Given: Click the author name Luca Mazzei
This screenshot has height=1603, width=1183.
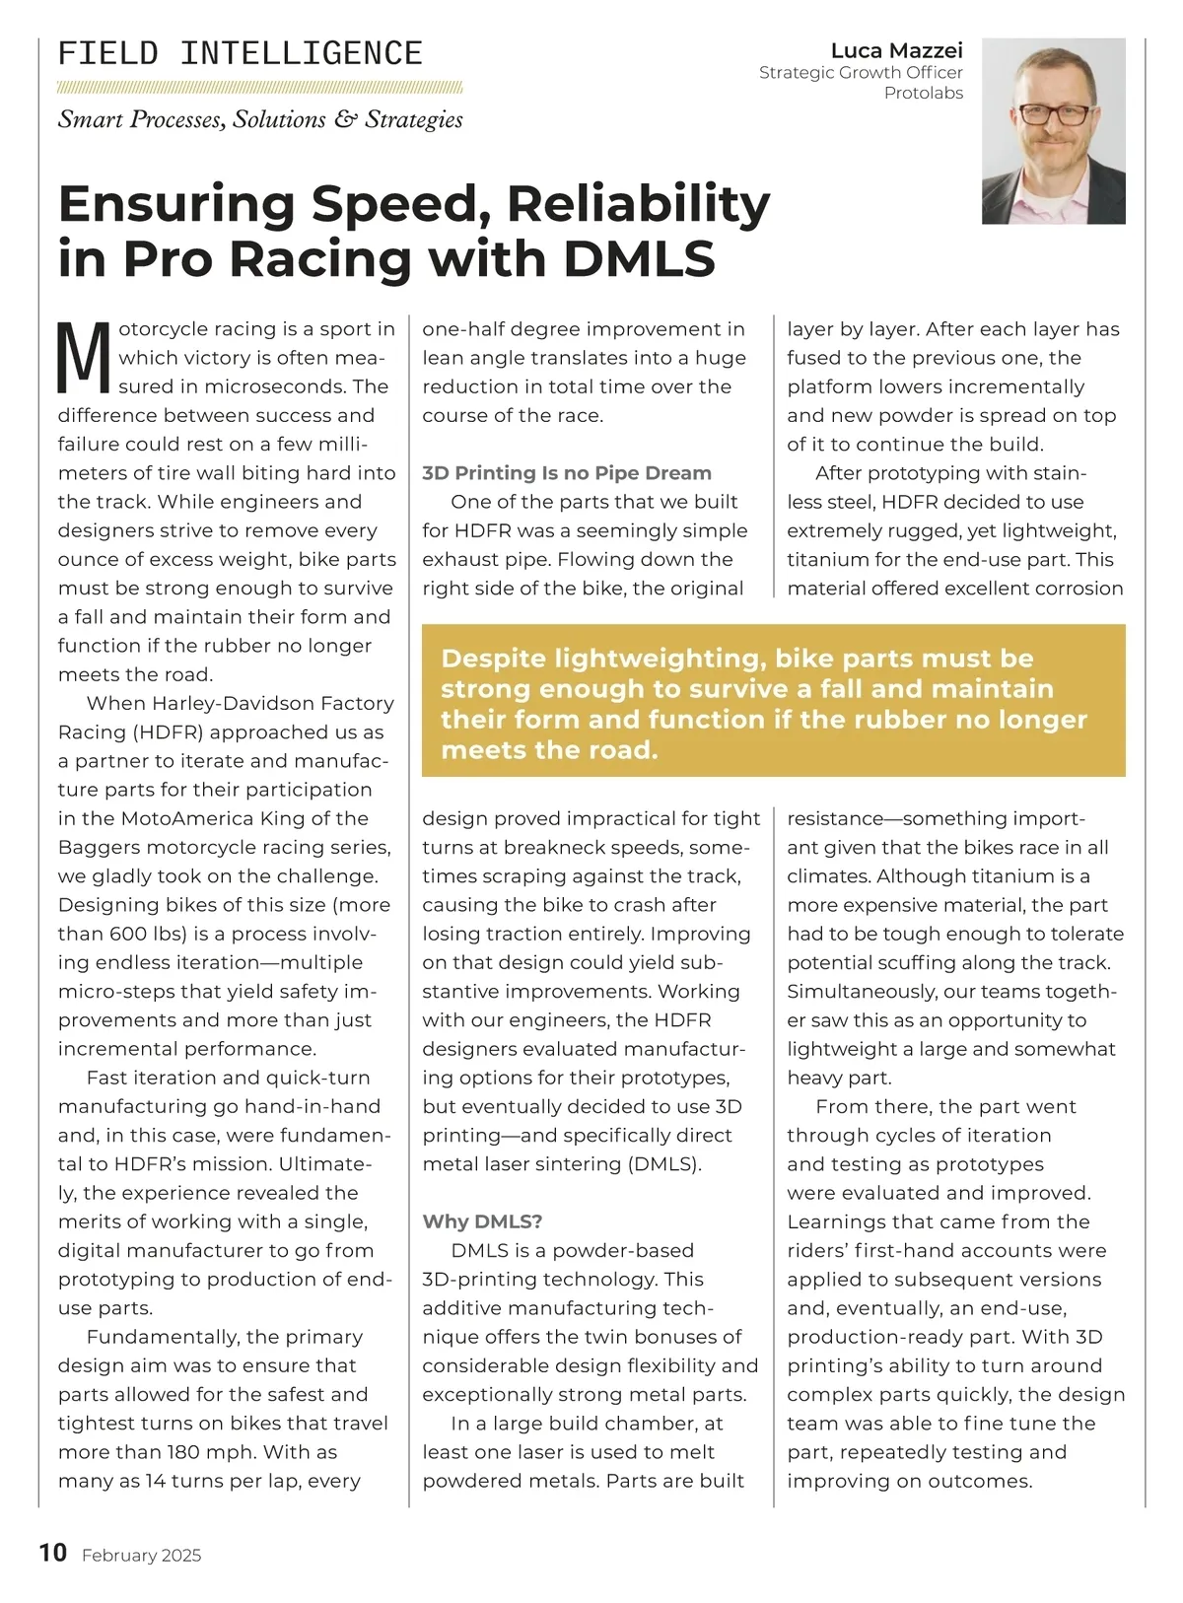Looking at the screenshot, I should [896, 50].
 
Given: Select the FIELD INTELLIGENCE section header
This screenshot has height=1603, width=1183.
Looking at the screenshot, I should [241, 53].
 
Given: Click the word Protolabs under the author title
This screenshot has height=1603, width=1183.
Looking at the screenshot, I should [923, 94].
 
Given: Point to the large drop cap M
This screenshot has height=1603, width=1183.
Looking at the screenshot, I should [85, 357].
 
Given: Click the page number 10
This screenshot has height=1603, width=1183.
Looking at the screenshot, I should [52, 1553].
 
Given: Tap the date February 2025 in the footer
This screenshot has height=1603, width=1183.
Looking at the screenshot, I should [141, 1556].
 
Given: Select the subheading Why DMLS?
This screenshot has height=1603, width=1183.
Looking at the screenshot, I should [482, 1221].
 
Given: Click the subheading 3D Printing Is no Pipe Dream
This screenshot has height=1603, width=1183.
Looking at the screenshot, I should [566, 473].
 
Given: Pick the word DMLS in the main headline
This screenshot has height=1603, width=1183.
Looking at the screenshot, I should [640, 258].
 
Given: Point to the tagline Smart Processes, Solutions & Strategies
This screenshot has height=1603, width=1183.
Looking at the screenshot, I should [260, 120].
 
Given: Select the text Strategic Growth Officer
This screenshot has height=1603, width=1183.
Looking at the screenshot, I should [861, 73].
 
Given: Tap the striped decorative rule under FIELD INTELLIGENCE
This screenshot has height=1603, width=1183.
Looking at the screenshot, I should [260, 87].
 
